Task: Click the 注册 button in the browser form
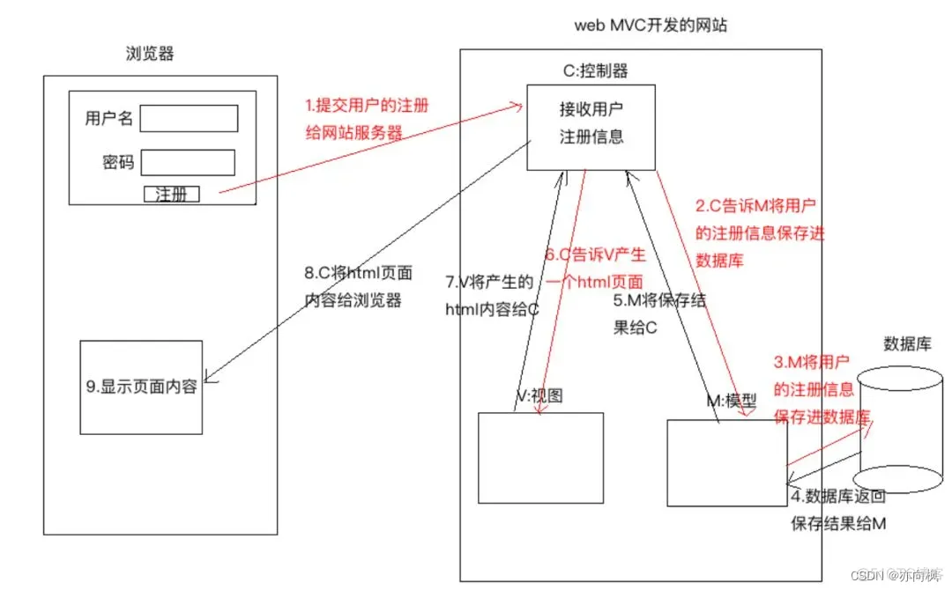point(171,195)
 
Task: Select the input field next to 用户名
point(189,118)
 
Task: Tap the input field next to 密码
point(188,163)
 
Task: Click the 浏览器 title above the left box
point(150,54)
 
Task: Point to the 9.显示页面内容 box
point(141,387)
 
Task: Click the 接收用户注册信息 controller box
point(591,127)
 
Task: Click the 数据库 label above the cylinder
point(907,344)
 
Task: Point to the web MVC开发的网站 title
point(651,26)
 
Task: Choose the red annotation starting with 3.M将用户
point(811,362)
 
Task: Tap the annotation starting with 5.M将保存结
point(659,300)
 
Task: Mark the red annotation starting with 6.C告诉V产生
point(594,255)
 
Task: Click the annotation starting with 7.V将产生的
point(489,283)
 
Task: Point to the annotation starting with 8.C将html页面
point(353,273)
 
